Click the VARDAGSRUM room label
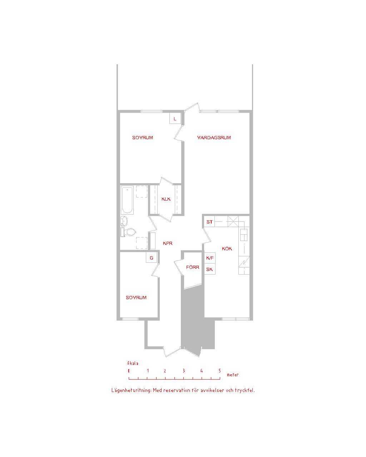point(214,137)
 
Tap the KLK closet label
point(166,199)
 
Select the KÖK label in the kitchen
point(227,248)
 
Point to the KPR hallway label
point(168,243)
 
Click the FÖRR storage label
point(193,267)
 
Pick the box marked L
point(175,118)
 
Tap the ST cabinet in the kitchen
point(209,222)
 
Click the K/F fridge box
point(210,258)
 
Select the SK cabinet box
point(210,269)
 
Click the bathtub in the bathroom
point(127,200)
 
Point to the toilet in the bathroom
point(129,232)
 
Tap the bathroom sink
point(124,221)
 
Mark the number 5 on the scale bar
point(220,371)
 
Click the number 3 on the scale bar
point(184,371)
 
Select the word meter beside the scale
point(233,375)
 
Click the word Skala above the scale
point(133,363)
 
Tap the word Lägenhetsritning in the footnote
point(132,390)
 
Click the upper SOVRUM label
point(143,137)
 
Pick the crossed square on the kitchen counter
point(233,221)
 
